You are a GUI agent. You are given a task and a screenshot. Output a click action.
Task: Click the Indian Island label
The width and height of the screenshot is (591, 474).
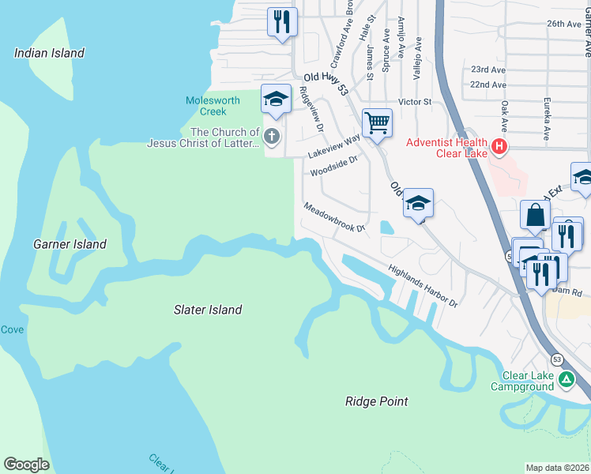point(49,53)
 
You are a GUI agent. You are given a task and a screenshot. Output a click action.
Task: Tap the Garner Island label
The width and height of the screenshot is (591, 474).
point(70,244)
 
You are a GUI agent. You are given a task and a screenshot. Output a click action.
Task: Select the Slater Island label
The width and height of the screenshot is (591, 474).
point(208,310)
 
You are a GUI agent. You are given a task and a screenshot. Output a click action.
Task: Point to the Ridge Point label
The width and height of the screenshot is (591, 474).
point(377,401)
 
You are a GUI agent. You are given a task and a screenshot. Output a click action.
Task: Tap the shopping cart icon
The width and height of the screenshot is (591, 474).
point(377,122)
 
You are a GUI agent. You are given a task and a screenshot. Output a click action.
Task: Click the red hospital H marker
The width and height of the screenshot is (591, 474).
point(499,146)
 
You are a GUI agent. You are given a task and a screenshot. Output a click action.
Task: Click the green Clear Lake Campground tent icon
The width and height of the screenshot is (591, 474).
point(566,380)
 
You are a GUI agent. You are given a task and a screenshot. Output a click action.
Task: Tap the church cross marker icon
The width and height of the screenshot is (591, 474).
point(271,137)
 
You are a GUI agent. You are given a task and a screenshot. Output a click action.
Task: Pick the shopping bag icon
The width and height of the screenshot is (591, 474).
point(535,215)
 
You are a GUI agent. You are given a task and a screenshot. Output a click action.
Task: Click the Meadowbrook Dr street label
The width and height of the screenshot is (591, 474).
point(334,217)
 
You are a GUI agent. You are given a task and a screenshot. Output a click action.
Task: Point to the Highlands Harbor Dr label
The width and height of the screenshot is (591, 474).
point(423,286)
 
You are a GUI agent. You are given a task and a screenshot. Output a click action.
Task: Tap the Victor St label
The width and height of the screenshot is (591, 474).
point(415,102)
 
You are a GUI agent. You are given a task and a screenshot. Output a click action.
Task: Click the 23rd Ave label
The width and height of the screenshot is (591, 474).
point(487,70)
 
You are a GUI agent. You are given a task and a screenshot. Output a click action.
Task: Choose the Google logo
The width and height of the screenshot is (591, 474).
point(26,465)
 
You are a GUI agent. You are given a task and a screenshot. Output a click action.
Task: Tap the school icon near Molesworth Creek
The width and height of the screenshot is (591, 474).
point(275,98)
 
